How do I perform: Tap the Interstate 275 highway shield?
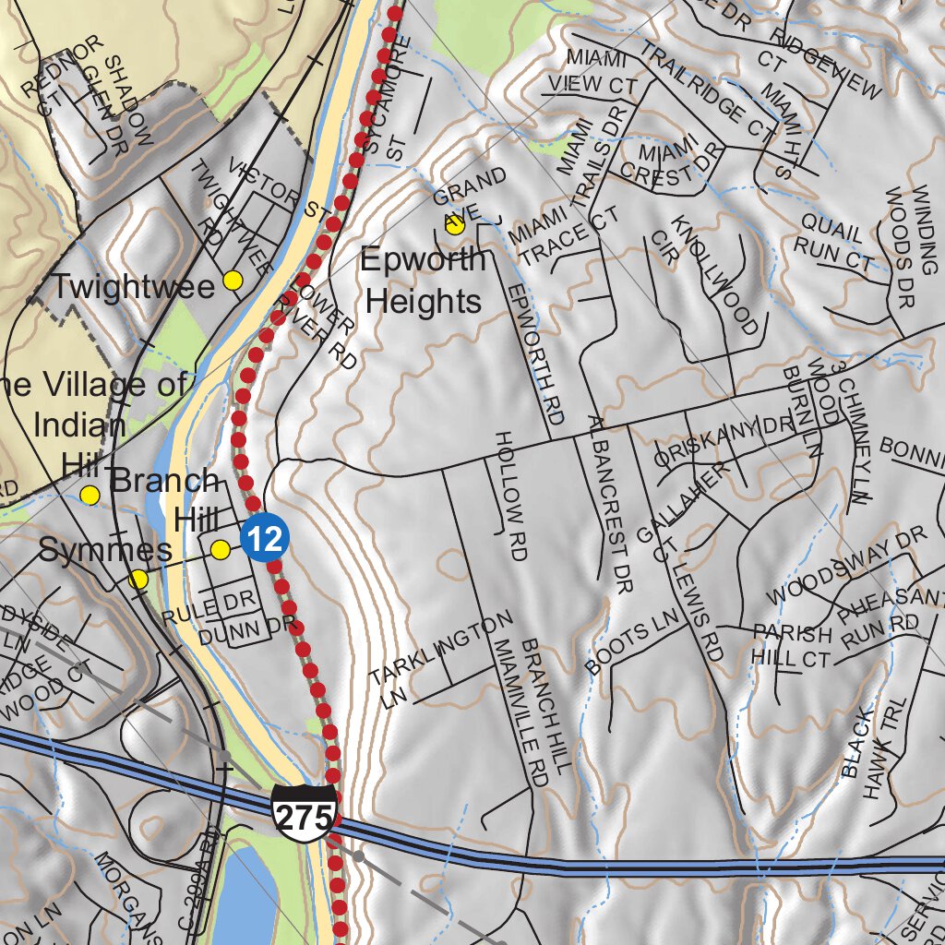(303, 813)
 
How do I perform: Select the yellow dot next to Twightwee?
(233, 281)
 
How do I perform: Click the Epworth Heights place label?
(422, 281)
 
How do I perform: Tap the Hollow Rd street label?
(508, 496)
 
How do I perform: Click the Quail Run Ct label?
(834, 243)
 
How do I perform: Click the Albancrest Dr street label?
(610, 503)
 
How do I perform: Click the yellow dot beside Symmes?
(138, 579)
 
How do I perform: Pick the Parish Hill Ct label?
(791, 645)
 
